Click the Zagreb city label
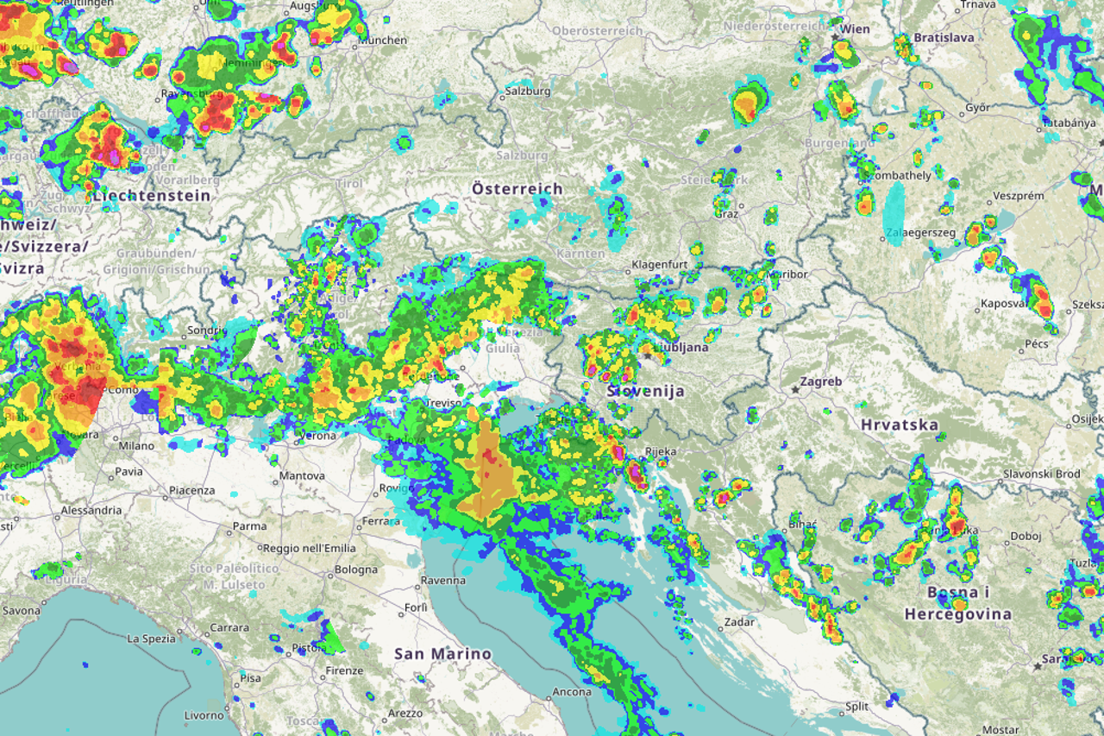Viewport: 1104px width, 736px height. (x=820, y=381)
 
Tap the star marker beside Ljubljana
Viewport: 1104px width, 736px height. (x=647, y=355)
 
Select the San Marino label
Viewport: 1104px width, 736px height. (x=442, y=654)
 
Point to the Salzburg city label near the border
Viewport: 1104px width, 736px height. (x=528, y=91)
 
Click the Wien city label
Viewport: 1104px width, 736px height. (x=856, y=29)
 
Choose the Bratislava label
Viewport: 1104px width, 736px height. (x=944, y=38)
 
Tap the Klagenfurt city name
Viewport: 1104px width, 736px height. (x=659, y=264)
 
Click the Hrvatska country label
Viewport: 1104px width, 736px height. (x=899, y=425)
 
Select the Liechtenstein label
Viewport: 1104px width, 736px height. (x=152, y=196)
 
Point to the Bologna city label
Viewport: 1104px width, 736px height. (x=356, y=569)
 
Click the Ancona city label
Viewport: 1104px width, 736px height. (x=572, y=692)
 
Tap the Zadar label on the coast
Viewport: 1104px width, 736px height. (x=739, y=621)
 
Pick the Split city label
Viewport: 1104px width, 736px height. (x=856, y=706)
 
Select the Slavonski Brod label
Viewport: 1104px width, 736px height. (x=1041, y=474)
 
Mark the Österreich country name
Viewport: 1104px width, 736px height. (x=517, y=188)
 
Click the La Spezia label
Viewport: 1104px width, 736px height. (x=152, y=639)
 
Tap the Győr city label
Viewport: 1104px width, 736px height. (x=977, y=109)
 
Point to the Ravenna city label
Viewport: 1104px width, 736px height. (x=444, y=581)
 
